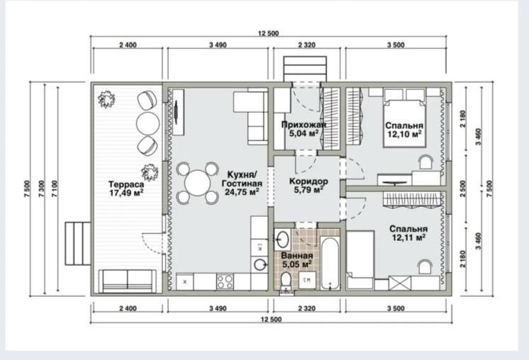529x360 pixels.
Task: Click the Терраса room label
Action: [126, 184]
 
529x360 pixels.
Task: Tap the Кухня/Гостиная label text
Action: [242, 179]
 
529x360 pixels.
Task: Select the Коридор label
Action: [308, 181]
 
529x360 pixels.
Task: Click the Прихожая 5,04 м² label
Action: [304, 129]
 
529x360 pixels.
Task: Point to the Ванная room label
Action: [297, 256]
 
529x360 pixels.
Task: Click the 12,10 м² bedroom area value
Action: [404, 134]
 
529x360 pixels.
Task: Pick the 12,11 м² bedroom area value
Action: [408, 237]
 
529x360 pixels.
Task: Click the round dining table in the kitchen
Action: [198, 183]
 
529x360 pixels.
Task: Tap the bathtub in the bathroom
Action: [330, 263]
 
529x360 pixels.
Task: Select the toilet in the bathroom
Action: [286, 281]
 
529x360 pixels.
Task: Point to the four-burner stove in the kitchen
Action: [225, 282]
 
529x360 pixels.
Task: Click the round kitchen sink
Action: [260, 264]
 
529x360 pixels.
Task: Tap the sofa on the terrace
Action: [128, 281]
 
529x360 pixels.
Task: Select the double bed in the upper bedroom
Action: [404, 123]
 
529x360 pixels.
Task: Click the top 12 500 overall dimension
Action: [269, 33]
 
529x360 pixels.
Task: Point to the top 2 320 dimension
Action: [307, 45]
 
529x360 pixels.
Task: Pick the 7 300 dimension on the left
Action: [42, 189]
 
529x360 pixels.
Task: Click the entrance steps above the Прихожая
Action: [305, 69]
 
